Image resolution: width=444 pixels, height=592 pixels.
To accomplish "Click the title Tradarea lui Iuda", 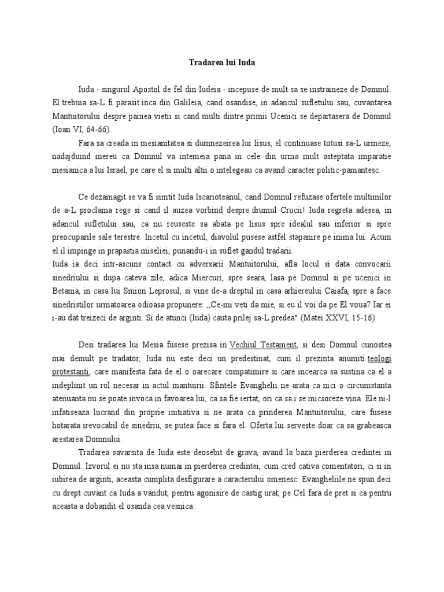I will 221,63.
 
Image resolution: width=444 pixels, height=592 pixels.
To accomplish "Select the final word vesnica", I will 180,507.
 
